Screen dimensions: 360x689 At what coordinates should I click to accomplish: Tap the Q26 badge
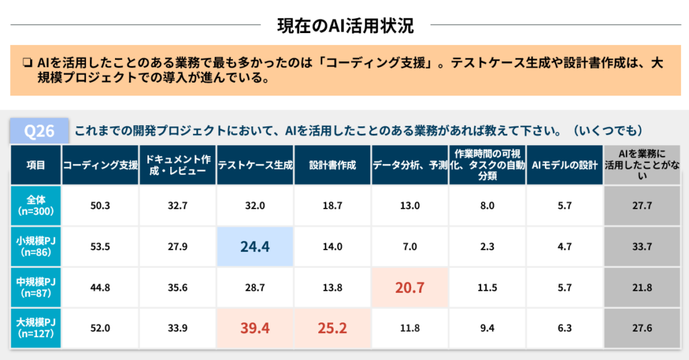(39, 131)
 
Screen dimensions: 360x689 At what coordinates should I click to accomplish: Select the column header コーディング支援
(100, 165)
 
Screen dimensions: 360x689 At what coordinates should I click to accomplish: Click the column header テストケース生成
(255, 165)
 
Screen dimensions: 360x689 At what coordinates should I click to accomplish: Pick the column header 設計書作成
(332, 165)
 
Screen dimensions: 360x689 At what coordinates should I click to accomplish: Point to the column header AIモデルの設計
(565, 165)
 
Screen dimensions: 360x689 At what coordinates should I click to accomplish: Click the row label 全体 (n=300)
(36, 206)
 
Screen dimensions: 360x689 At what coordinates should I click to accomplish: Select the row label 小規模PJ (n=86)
(36, 246)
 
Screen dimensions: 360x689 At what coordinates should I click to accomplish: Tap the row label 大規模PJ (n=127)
(36, 328)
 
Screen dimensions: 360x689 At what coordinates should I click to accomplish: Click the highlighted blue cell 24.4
(255, 246)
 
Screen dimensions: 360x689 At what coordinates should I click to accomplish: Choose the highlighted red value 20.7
(410, 287)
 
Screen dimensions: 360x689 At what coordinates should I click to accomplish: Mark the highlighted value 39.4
(255, 328)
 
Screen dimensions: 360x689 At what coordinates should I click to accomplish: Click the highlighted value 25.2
(332, 328)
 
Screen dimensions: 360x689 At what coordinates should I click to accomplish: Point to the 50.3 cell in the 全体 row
(100, 206)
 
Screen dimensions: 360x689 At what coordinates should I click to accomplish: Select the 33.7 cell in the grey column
(642, 246)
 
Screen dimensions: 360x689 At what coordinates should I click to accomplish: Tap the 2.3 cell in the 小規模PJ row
(487, 246)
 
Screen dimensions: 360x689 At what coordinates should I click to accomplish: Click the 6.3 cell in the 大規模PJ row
(565, 328)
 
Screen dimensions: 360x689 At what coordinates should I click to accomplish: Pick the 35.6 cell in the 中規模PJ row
(178, 287)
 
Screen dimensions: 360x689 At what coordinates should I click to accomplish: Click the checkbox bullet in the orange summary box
(27, 64)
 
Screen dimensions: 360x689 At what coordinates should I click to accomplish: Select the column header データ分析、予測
(410, 165)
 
